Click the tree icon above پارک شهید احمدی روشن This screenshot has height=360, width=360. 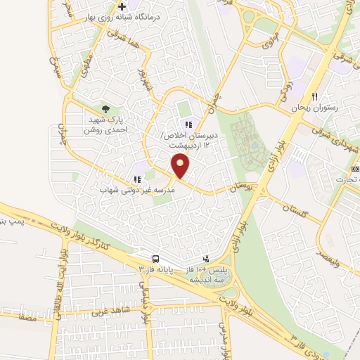pos(105,108)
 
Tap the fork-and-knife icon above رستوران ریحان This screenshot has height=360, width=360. pos(315,96)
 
